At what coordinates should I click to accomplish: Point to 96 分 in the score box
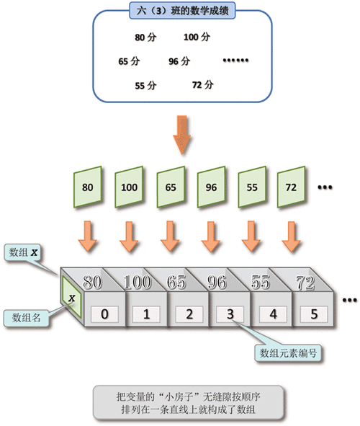click(180, 61)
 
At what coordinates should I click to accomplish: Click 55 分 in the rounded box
click(145, 85)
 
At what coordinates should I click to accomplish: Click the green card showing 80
click(88, 187)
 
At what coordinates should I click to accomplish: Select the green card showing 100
click(129, 187)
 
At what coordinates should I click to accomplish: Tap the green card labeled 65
click(170, 187)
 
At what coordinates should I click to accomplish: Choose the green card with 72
click(292, 187)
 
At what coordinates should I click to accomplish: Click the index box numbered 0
click(105, 314)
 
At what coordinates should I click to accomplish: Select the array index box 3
click(229, 314)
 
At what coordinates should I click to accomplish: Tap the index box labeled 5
click(312, 314)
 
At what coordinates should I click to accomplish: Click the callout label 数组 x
click(25, 253)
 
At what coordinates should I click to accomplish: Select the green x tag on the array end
click(71, 298)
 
